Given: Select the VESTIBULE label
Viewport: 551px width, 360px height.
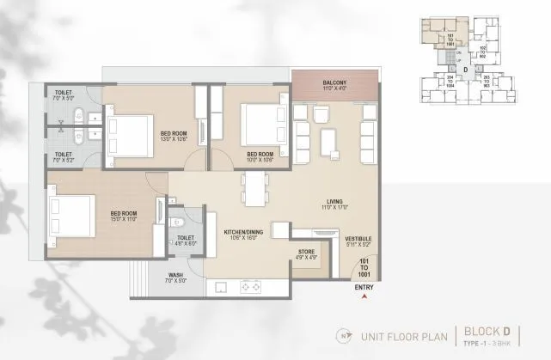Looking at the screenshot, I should pyautogui.click(x=358, y=240).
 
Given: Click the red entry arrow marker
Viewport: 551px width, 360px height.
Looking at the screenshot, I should pyautogui.click(x=364, y=296).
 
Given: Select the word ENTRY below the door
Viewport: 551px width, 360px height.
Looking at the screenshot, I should pyautogui.click(x=364, y=288).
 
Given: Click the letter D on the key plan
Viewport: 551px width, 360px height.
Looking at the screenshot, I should pyautogui.click(x=465, y=69).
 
